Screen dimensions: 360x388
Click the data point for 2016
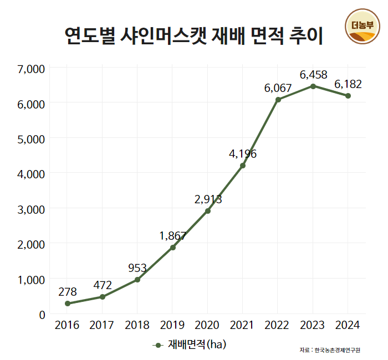[68, 304]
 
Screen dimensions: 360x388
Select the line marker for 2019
[173, 247]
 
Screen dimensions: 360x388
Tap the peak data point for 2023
[313, 86]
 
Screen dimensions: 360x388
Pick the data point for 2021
[243, 166]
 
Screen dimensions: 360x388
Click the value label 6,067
[278, 88]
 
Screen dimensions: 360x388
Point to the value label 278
[67, 291]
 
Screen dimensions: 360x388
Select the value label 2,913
[208, 199]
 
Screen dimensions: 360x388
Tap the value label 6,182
[348, 84]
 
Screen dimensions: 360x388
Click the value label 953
[137, 268]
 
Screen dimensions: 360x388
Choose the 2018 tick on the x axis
[137, 325]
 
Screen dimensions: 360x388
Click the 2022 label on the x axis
[278, 325]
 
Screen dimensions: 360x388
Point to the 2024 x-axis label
[348, 325]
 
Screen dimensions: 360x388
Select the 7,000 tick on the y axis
[31, 69]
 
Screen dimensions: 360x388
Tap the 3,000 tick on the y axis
[31, 209]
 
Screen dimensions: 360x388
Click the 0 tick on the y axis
[41, 315]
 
